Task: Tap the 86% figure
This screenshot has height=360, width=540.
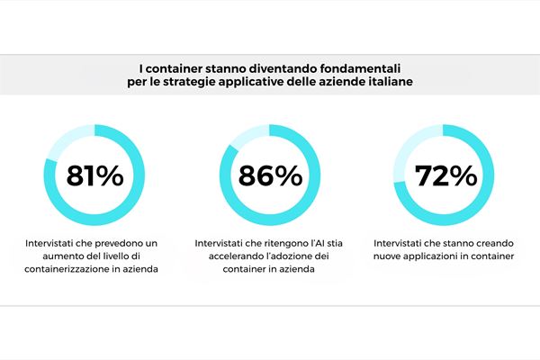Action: tap(270, 176)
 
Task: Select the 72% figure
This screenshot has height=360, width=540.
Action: tap(445, 176)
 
